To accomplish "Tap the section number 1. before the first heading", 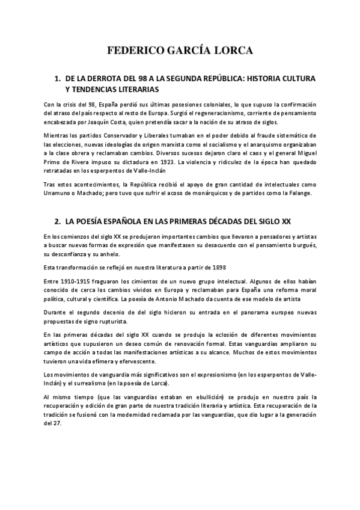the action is pos(58,79).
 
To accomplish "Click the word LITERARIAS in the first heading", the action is pos(138,89).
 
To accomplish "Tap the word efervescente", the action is pos(136,361).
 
